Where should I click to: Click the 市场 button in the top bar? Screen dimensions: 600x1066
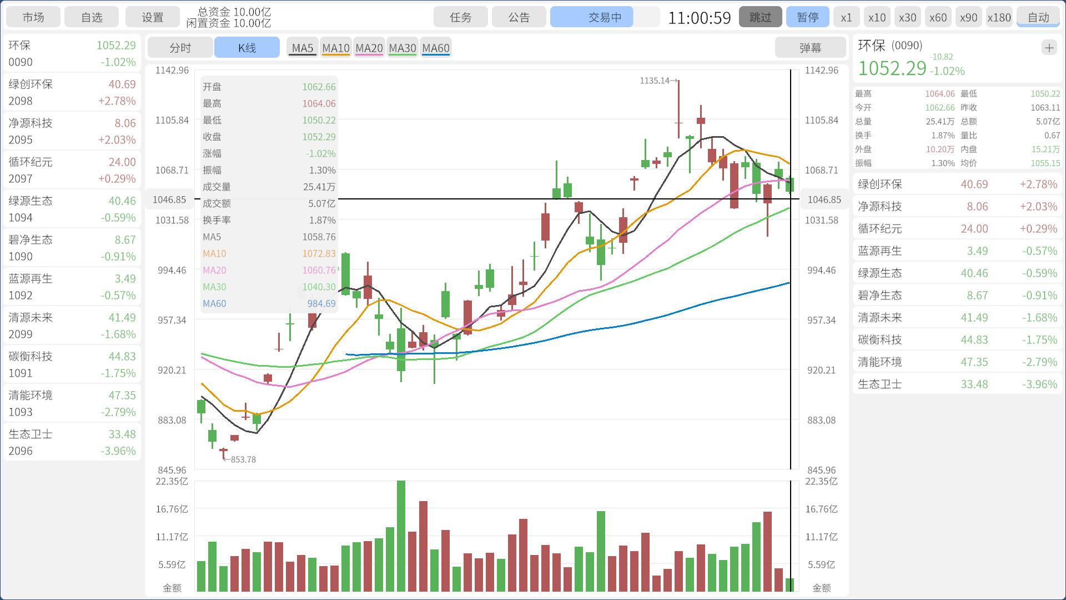click(x=33, y=17)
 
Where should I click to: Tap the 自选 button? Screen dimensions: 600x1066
click(x=92, y=17)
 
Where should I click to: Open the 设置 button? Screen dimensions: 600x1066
click(x=152, y=17)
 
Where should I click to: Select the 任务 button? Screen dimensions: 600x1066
click(x=460, y=17)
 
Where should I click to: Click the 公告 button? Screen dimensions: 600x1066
click(x=519, y=17)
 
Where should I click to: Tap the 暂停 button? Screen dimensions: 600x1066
click(x=807, y=17)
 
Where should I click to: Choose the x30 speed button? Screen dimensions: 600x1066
click(x=907, y=17)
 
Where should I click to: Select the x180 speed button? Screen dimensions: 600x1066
click(x=999, y=17)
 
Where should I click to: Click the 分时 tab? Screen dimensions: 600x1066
click(x=180, y=48)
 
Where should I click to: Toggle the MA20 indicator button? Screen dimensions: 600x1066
click(x=369, y=48)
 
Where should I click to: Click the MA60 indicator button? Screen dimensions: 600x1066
click(x=436, y=48)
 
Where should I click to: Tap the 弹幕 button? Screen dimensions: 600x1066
click(x=810, y=48)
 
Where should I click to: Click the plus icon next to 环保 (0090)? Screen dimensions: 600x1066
click(x=1049, y=48)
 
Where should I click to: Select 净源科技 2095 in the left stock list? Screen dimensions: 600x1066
click(x=72, y=131)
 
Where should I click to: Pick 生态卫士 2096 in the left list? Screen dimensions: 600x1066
click(x=72, y=442)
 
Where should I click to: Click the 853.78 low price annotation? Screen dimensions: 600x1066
click(x=243, y=459)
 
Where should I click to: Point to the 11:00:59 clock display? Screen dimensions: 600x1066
click(x=699, y=18)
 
